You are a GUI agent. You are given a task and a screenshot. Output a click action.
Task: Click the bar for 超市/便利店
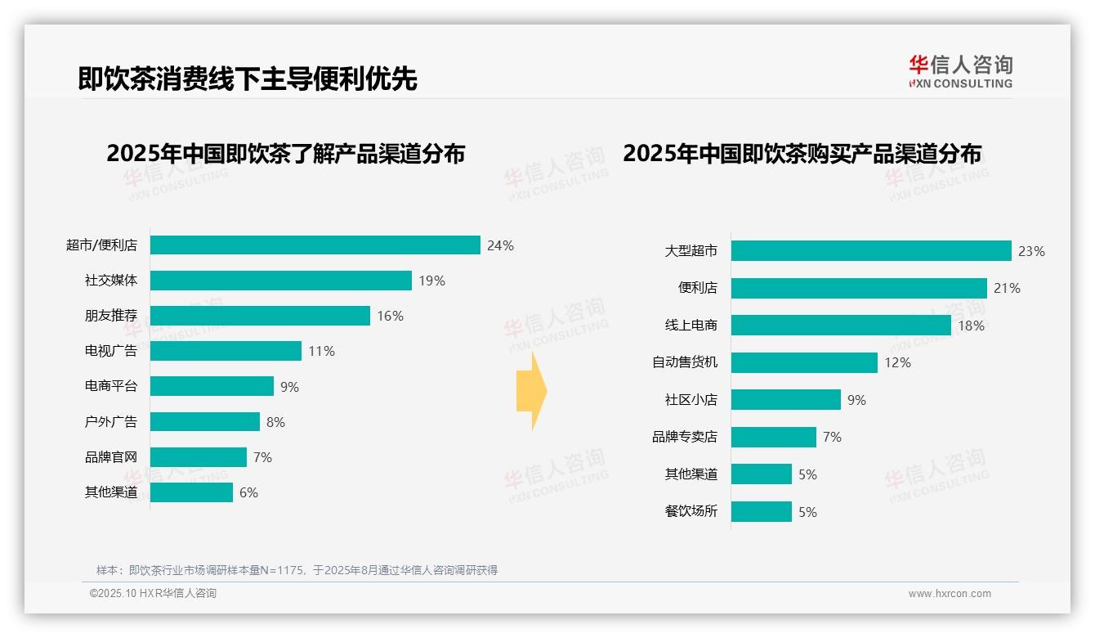click(x=315, y=245)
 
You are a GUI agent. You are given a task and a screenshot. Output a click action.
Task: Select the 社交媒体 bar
click(x=280, y=281)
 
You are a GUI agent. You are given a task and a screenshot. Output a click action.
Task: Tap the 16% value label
click(x=390, y=316)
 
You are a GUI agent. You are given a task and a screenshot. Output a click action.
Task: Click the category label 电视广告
click(x=111, y=351)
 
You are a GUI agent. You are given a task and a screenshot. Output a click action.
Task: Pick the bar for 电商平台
click(x=212, y=386)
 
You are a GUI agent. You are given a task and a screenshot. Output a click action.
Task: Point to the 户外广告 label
click(x=111, y=422)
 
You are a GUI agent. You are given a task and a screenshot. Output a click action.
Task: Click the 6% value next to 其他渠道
click(x=248, y=492)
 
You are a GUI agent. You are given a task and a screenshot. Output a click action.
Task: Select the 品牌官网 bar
click(x=198, y=457)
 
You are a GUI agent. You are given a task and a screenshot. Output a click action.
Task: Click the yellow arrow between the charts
click(x=531, y=392)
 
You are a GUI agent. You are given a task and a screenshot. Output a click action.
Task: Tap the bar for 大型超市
click(x=871, y=251)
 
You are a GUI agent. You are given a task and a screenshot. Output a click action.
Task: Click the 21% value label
click(x=1007, y=288)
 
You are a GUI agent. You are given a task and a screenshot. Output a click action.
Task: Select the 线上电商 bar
click(x=841, y=326)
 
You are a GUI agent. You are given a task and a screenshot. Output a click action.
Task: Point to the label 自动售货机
click(x=685, y=362)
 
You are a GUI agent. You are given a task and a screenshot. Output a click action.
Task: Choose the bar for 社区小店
click(x=785, y=400)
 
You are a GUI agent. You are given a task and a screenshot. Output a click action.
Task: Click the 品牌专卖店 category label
click(x=685, y=437)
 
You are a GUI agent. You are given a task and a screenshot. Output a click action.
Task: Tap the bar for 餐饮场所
click(x=761, y=512)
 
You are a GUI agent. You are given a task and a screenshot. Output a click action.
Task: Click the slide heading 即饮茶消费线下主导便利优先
click(x=248, y=79)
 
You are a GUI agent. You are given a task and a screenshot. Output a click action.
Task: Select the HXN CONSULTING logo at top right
click(x=960, y=72)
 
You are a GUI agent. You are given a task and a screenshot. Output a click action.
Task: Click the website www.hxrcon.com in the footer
click(x=950, y=594)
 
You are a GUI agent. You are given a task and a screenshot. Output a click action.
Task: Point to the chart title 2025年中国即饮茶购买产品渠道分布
click(x=802, y=153)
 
